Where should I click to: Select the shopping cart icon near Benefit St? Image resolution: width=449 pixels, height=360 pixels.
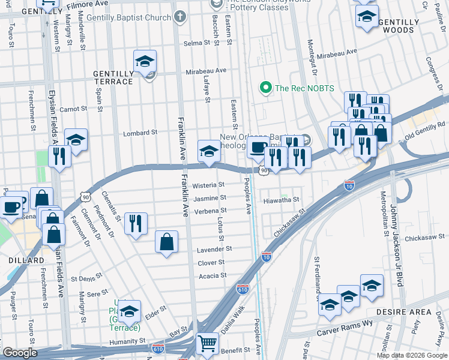click(207, 343)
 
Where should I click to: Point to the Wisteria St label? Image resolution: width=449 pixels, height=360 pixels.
click(208, 185)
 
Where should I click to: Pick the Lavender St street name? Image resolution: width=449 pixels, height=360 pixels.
click(214, 248)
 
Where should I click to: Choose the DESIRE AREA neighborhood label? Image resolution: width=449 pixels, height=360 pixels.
click(403, 312)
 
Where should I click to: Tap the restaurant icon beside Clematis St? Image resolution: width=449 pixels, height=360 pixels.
click(136, 224)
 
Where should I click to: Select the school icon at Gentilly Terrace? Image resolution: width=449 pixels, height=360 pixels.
click(144, 62)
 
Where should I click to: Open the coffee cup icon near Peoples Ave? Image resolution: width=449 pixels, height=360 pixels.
click(259, 147)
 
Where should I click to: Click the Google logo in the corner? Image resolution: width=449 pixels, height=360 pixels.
click(20, 353)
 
